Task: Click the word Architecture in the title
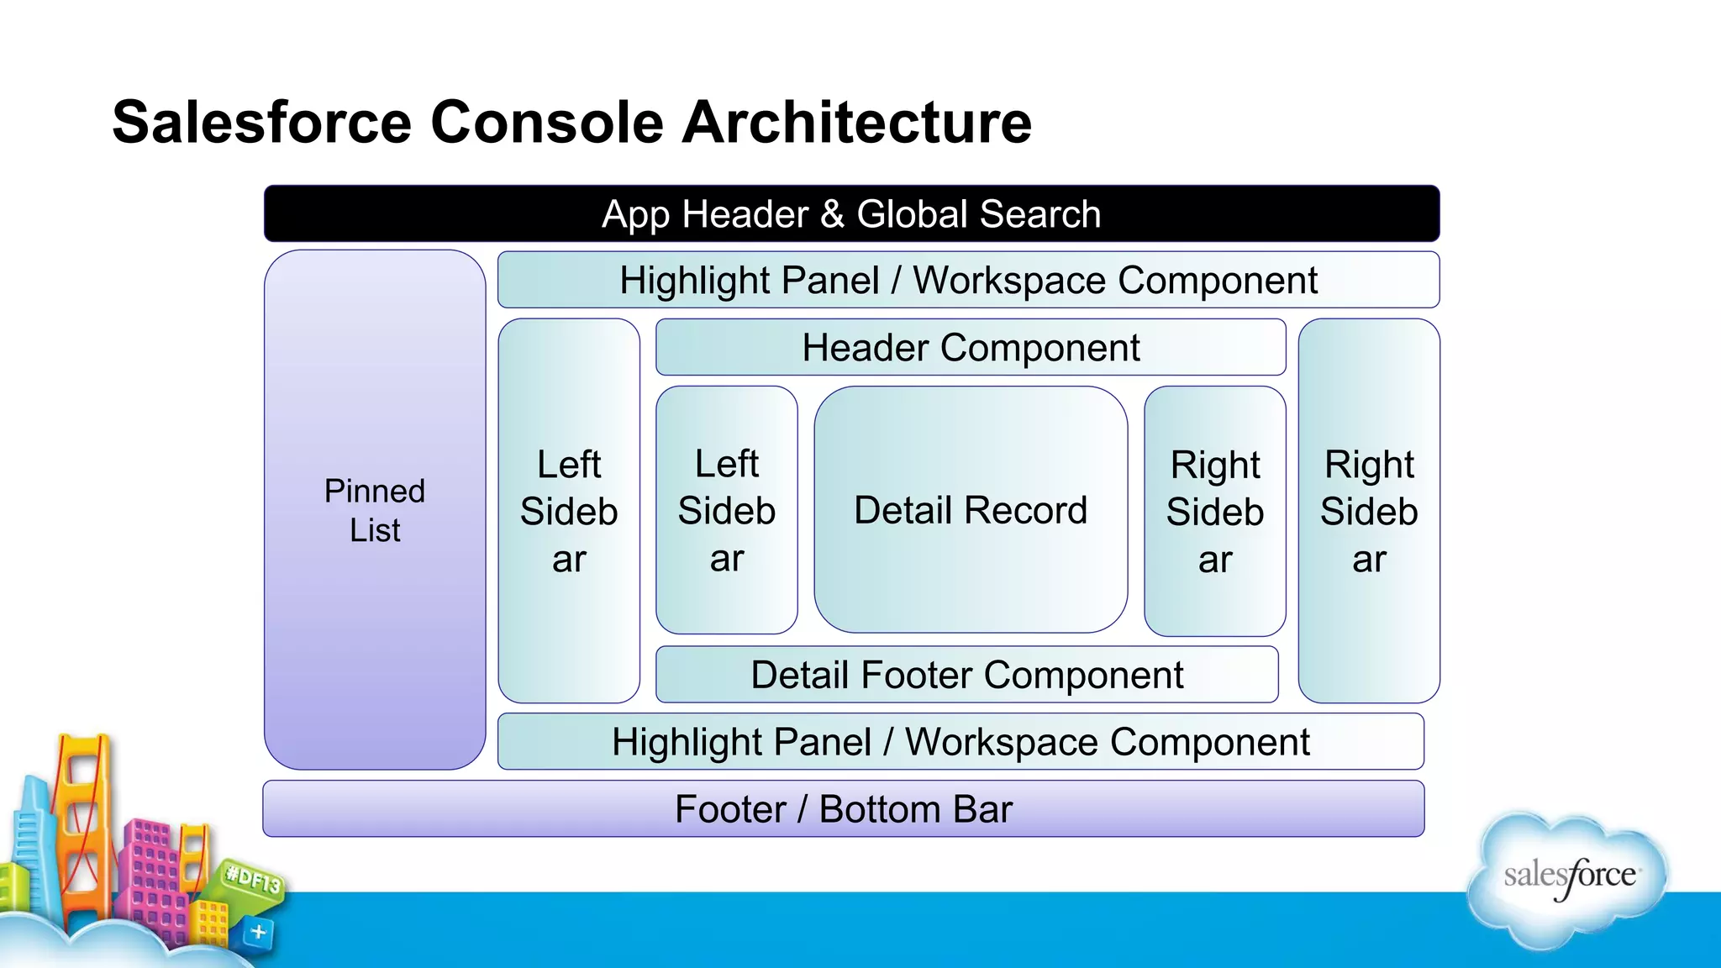(856, 123)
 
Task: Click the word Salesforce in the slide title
(261, 123)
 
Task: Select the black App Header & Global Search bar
(850, 214)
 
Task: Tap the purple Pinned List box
(375, 509)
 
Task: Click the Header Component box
(970, 347)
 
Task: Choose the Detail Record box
(970, 509)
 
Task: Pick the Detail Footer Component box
(966, 674)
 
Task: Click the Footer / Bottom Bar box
(843, 808)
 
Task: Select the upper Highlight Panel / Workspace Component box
(967, 280)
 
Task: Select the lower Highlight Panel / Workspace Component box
(960, 741)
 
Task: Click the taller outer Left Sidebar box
(569, 510)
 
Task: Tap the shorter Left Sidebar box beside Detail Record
(726, 510)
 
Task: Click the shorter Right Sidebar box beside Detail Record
(1214, 511)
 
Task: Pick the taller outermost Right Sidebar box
(1368, 510)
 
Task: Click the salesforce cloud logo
(1568, 878)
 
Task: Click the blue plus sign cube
(258, 932)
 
